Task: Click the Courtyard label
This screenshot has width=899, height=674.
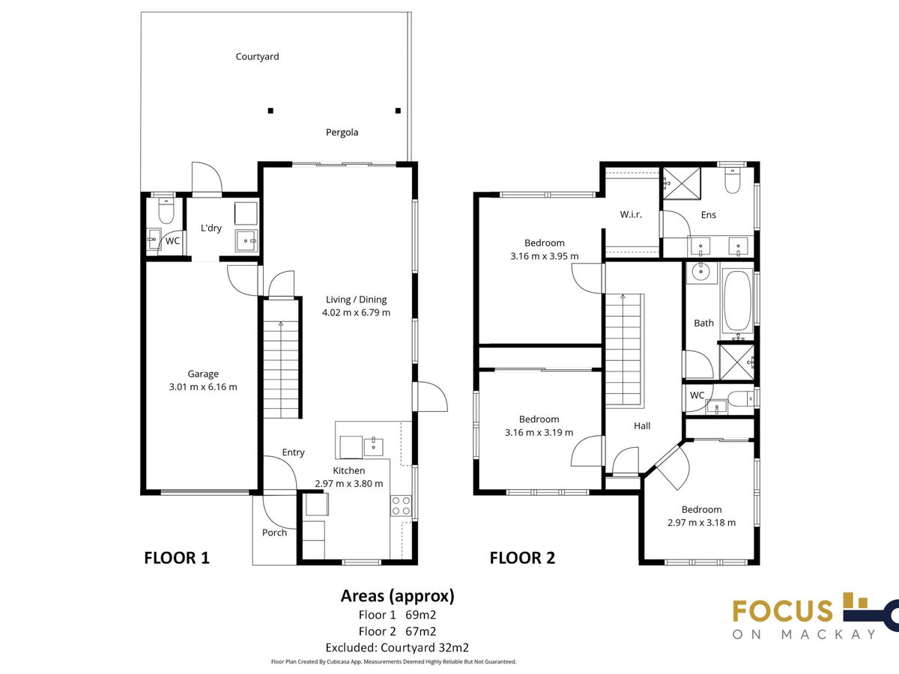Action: pos(257,56)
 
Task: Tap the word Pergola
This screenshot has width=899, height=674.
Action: pos(342,133)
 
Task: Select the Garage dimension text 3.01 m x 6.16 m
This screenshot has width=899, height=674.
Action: pos(203,386)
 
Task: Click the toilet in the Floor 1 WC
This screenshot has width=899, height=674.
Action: pos(166,210)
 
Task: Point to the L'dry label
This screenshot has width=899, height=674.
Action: pos(211,228)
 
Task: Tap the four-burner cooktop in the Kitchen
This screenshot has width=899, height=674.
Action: pos(401,506)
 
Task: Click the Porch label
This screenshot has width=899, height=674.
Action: pos(274,532)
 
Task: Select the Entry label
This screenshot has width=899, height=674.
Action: pos(293,452)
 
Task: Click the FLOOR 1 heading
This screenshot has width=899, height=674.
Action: pos(177,558)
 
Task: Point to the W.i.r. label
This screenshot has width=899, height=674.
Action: pos(631,214)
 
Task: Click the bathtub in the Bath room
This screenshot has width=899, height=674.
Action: pos(738,301)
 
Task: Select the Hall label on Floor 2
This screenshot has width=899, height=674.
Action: pos(642,426)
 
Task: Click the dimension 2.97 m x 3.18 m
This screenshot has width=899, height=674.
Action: pos(701,523)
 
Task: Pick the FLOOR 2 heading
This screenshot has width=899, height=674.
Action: pos(522,558)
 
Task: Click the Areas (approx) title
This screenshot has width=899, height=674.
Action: pos(398,596)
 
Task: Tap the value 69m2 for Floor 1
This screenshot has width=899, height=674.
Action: pos(420,615)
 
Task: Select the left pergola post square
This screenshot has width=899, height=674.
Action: pos(270,111)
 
